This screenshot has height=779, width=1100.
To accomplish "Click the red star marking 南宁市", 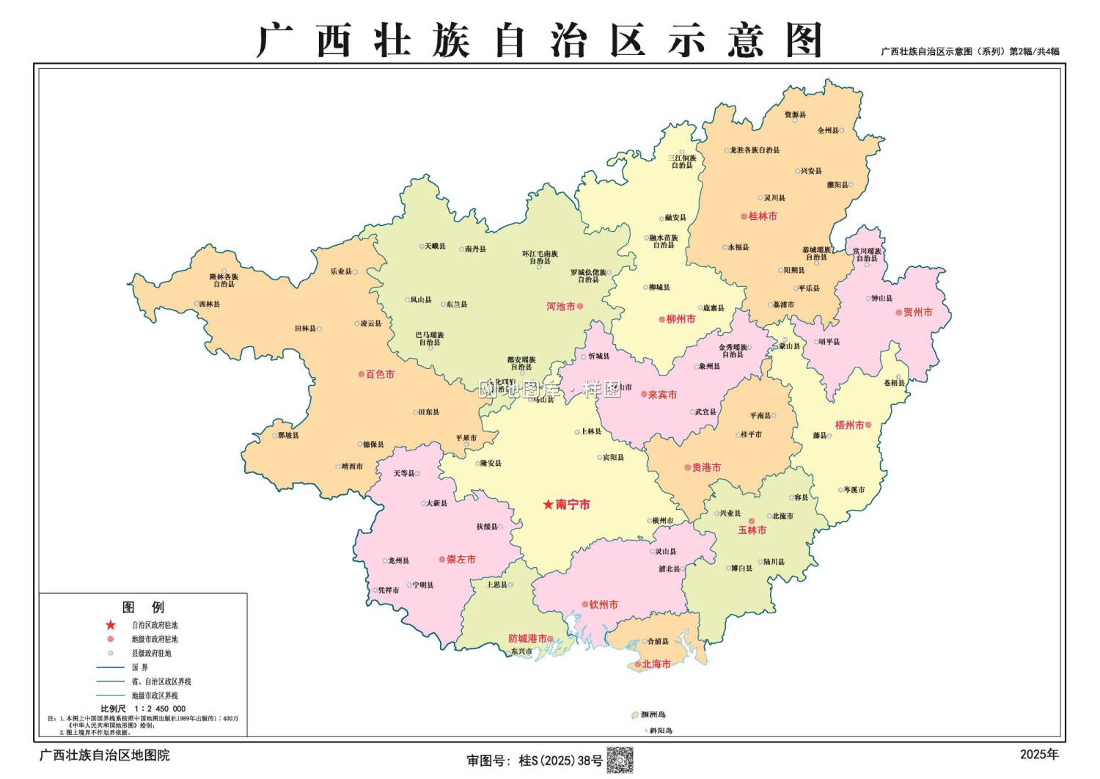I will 548,505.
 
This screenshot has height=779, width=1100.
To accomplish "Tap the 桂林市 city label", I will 763,216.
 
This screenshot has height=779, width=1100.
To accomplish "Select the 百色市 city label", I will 380,374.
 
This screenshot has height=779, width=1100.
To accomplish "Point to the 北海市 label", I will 656,664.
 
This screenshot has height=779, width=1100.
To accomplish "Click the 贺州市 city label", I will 917,312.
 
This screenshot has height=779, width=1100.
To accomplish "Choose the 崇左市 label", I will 461,559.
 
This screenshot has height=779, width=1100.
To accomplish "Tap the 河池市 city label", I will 560,307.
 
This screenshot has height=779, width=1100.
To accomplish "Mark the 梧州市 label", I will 849,425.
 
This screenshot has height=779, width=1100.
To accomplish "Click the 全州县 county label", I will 828,131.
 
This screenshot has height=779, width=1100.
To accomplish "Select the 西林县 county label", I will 210,304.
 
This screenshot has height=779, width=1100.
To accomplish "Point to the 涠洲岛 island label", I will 653,714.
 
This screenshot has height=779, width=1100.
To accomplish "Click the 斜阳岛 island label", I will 660,731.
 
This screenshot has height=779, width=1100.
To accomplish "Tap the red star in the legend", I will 111,625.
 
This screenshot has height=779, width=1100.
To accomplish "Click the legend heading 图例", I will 143,607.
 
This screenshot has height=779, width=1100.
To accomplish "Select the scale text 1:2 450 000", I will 160,709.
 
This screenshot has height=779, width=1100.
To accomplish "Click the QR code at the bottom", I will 620,760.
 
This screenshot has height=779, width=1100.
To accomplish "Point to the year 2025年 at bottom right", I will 1039,754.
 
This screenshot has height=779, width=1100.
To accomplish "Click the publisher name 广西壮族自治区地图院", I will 104,755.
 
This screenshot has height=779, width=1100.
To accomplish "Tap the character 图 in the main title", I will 804,40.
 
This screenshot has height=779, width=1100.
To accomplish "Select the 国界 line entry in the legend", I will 139,668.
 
